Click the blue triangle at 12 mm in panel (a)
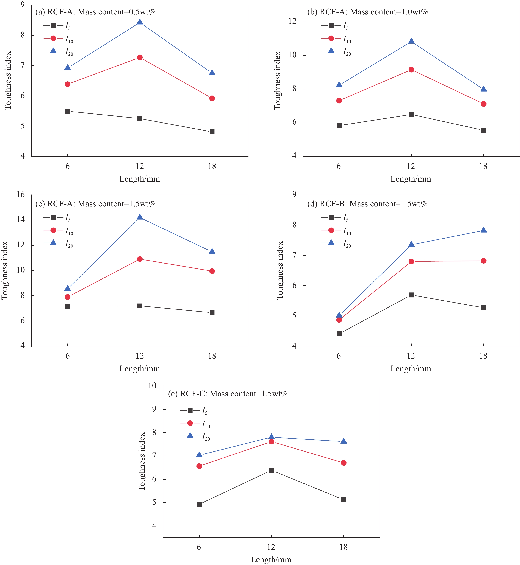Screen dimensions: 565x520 140,22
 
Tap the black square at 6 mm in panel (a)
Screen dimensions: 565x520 67,111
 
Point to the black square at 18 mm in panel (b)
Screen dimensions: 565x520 483,130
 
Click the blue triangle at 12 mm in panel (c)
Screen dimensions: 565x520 140,217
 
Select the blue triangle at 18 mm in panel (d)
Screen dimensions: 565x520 483,230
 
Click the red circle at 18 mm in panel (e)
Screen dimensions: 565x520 344,463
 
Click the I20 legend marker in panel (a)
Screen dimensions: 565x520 53,51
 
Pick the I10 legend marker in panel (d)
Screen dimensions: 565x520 331,230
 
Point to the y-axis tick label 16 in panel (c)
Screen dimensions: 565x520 21,194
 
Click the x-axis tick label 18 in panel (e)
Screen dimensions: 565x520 343,547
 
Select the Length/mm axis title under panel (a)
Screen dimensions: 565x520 140,179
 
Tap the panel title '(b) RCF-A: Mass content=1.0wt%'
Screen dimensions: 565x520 367,12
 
